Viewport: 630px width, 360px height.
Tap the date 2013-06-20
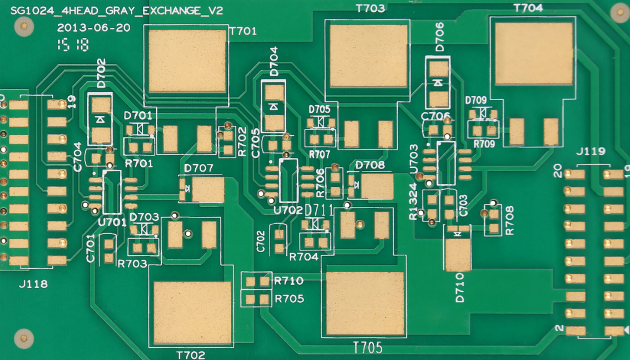click(93, 28)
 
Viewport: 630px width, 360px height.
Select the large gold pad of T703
click(369, 56)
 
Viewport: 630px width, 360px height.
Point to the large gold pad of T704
click(533, 53)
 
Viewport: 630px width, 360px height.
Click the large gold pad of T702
click(192, 312)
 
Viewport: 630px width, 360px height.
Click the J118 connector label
click(33, 284)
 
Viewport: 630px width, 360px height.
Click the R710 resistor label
click(289, 281)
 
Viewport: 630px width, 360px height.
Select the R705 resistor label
click(289, 299)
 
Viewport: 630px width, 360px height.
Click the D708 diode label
click(370, 165)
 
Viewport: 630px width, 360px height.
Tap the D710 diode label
click(460, 288)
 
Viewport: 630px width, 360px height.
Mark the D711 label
click(319, 210)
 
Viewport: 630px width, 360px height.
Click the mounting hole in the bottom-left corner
click(23, 337)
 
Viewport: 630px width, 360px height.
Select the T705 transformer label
click(368, 348)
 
